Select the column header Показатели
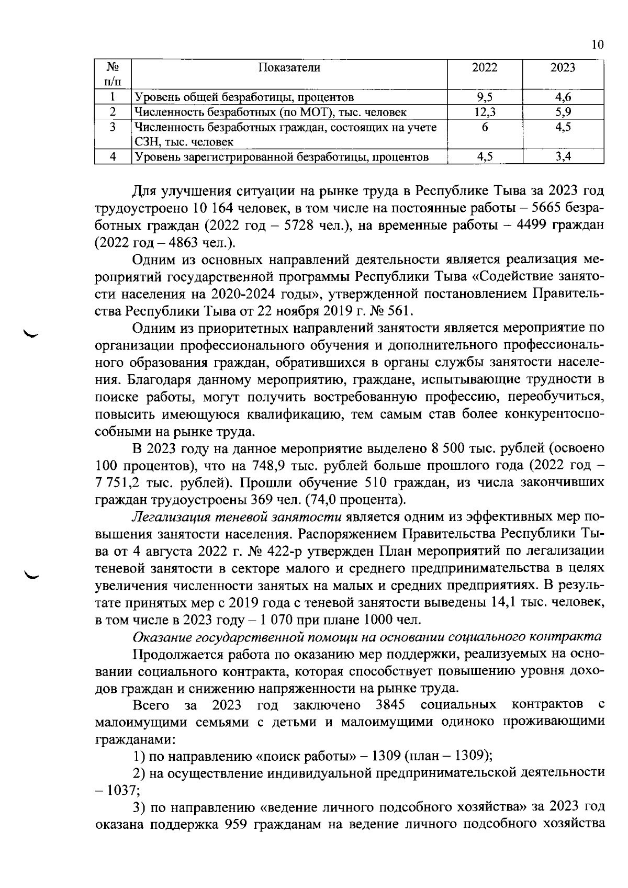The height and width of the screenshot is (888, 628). click(x=289, y=67)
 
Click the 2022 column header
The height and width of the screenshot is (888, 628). click(x=485, y=67)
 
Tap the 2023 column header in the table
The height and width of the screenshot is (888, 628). click(x=563, y=67)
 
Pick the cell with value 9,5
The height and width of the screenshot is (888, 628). click(x=485, y=97)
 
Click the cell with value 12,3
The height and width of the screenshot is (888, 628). click(x=485, y=111)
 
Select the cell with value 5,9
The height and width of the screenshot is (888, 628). click(x=563, y=111)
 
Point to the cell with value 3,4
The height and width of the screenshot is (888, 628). click(x=563, y=156)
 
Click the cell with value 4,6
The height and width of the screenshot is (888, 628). click(x=563, y=97)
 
